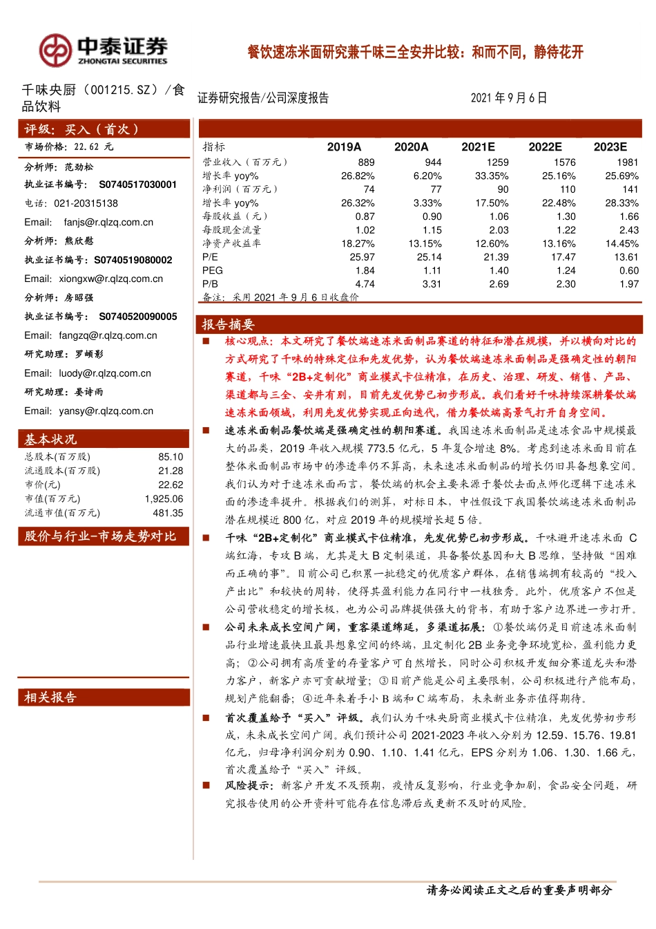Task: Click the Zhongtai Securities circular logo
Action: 55,50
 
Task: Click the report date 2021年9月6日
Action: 509,98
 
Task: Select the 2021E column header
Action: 478,147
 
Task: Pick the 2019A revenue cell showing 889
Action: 366,162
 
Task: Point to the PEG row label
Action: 213,271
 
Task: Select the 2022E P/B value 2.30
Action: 566,284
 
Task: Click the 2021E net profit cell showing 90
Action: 503,189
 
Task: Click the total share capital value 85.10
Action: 171,457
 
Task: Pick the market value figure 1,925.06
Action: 164,499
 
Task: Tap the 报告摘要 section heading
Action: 228,325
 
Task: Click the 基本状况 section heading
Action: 50,440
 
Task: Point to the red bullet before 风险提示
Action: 206,786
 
